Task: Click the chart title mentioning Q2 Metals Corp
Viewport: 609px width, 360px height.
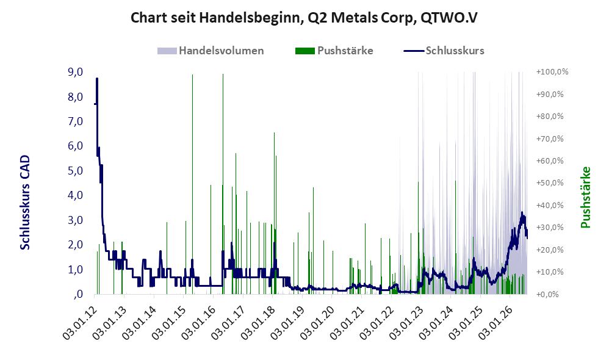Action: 304,18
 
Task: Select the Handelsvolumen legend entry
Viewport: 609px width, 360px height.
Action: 211,51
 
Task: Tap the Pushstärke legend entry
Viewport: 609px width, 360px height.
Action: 334,51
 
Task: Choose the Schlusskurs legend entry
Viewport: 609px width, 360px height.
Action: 444,51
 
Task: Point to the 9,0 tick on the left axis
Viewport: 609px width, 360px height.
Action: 75,72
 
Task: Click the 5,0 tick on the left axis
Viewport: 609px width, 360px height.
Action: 75,171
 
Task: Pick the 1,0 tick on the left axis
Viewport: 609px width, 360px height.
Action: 75,270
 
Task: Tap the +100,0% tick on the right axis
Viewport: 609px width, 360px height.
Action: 552,72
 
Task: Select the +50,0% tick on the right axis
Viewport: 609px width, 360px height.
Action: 550,183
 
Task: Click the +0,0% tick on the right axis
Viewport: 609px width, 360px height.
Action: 547,294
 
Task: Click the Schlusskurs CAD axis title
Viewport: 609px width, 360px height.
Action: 25,203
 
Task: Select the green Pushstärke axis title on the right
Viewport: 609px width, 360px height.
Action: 585,197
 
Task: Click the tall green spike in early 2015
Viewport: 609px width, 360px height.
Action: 192,184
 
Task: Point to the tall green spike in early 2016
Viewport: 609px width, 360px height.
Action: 223,184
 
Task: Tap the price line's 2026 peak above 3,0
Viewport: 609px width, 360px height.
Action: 522,213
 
